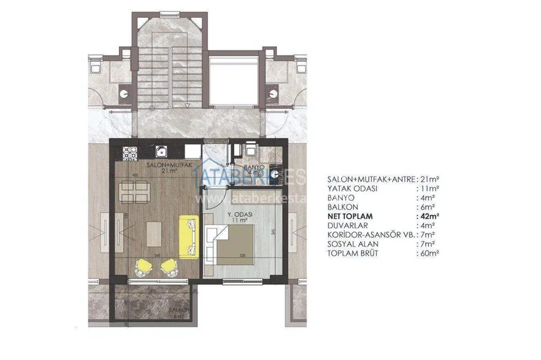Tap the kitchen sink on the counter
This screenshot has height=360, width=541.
coord(163,151)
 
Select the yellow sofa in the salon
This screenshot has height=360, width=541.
coord(189,237)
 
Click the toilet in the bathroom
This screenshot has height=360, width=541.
coord(251,148)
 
